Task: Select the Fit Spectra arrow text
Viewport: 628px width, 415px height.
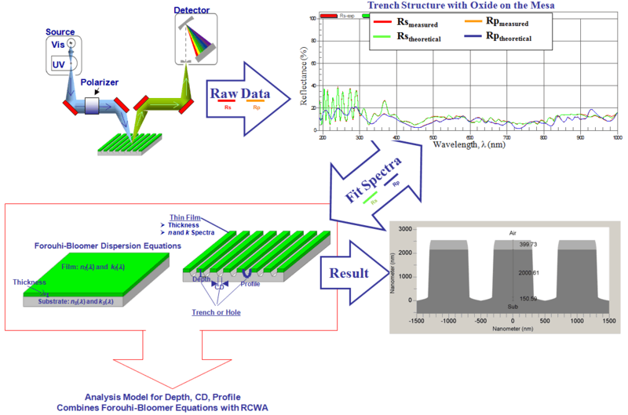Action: pyautogui.click(x=376, y=176)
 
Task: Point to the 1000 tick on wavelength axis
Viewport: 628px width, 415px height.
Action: pyautogui.click(x=616, y=137)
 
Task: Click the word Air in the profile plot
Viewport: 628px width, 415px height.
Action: pyautogui.click(x=514, y=233)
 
